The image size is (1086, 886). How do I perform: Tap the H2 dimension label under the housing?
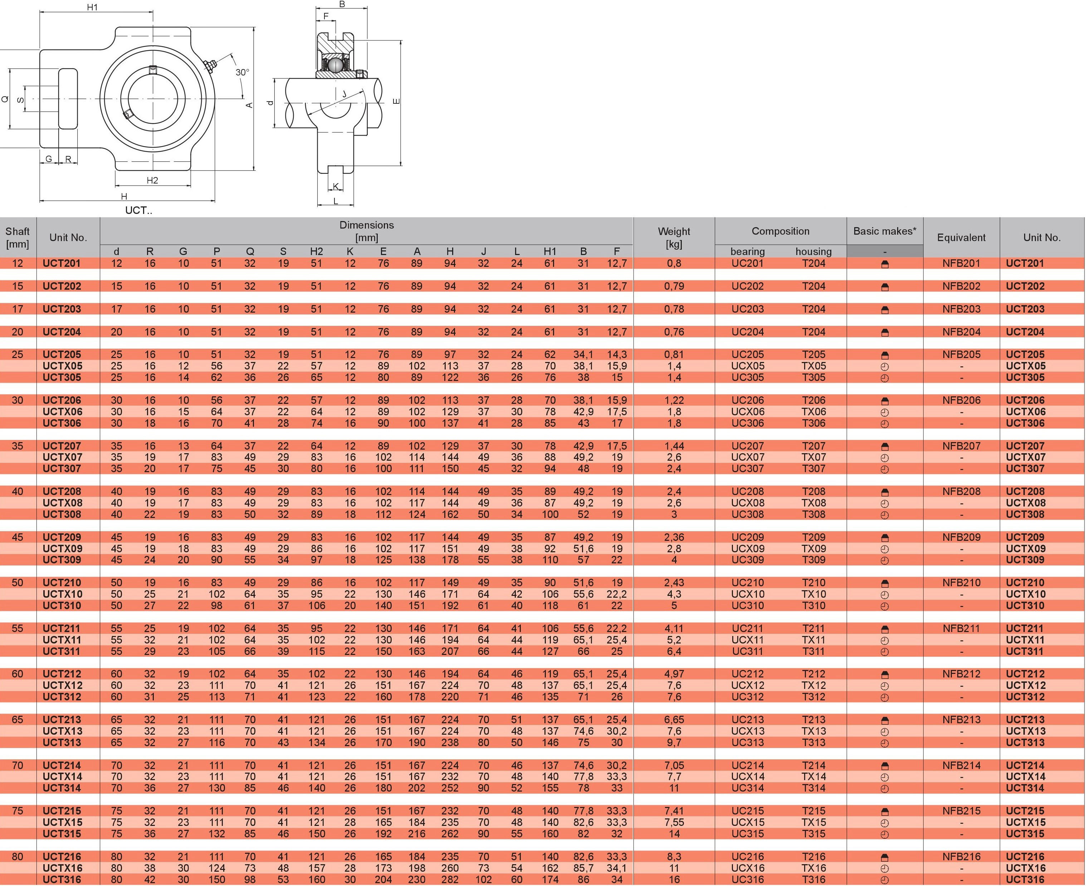click(152, 180)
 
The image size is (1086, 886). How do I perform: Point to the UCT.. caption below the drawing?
click(138, 210)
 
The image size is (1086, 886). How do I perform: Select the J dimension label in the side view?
click(344, 94)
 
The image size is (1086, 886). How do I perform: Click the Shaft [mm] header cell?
click(18, 237)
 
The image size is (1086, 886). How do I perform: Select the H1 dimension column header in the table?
click(550, 251)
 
